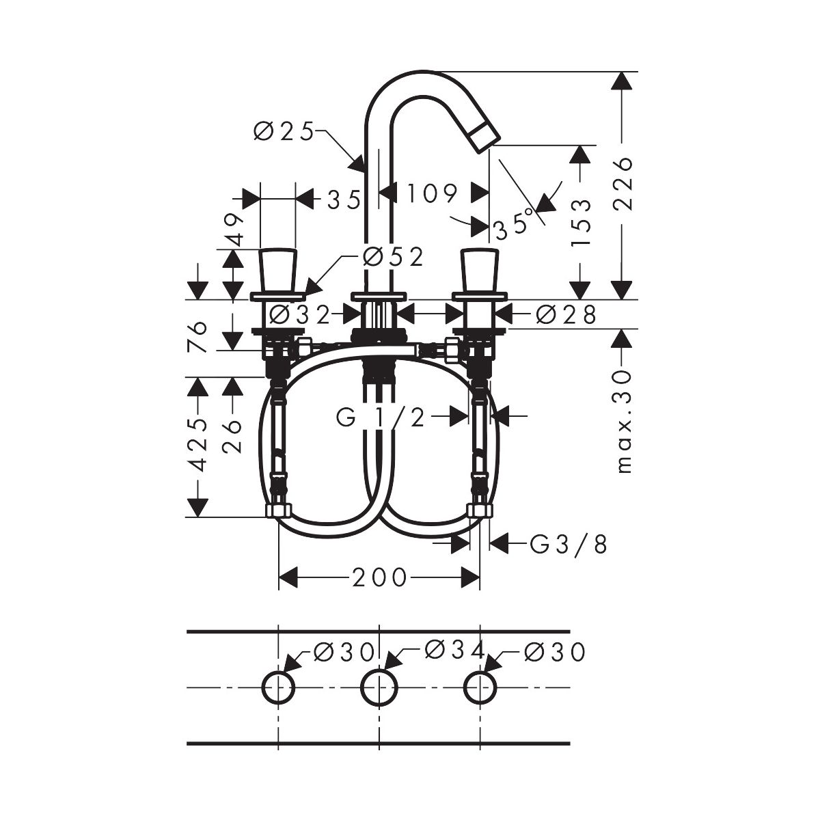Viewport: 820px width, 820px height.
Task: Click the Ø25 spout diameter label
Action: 284,131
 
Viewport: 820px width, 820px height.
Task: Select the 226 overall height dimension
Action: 622,184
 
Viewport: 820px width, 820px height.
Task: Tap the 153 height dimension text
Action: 580,223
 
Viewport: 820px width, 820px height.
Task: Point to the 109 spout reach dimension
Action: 433,193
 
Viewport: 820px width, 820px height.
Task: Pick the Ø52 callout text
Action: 394,257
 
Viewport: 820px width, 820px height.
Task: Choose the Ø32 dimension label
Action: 299,315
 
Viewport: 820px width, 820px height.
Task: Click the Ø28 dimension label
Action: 566,315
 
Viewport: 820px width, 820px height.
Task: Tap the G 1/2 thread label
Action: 381,418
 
